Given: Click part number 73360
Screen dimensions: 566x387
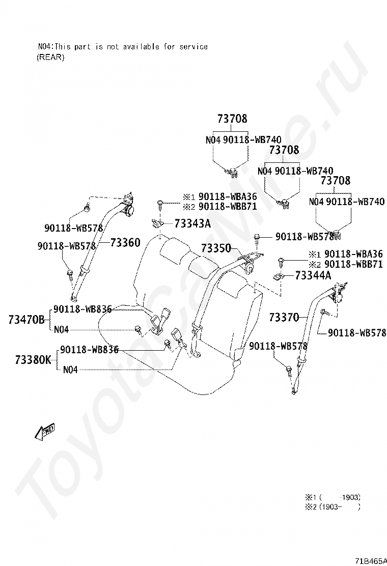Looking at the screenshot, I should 125,243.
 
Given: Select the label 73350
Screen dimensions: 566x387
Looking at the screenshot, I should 216,248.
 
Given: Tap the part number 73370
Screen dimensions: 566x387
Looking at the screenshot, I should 284,318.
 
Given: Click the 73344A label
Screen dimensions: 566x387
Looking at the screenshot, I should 313,275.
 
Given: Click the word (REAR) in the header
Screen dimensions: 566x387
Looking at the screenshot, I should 50,57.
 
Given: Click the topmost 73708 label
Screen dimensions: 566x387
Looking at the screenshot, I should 232,119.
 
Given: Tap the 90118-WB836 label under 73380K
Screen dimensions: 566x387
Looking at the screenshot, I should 89,350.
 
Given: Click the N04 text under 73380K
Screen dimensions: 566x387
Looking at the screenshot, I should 70,370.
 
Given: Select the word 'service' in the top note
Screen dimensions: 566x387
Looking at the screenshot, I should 192,46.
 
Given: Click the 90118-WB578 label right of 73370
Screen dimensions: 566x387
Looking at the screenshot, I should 357,333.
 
